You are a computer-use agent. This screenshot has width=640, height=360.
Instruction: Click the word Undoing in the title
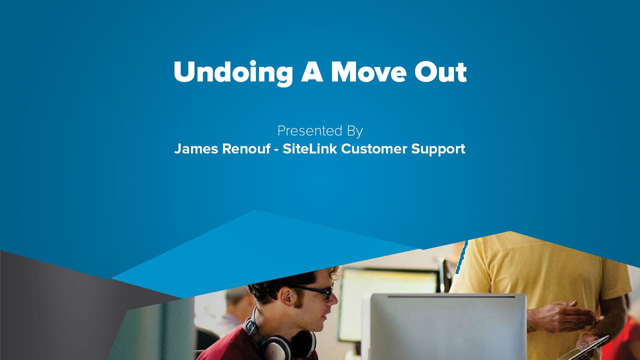(x=232, y=73)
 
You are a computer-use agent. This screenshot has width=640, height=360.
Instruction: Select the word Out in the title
(x=440, y=72)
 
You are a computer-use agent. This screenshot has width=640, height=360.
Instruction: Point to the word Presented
(x=305, y=131)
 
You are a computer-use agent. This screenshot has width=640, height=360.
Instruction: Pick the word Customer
(x=374, y=149)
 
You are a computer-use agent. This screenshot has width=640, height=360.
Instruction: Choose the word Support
(x=438, y=149)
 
